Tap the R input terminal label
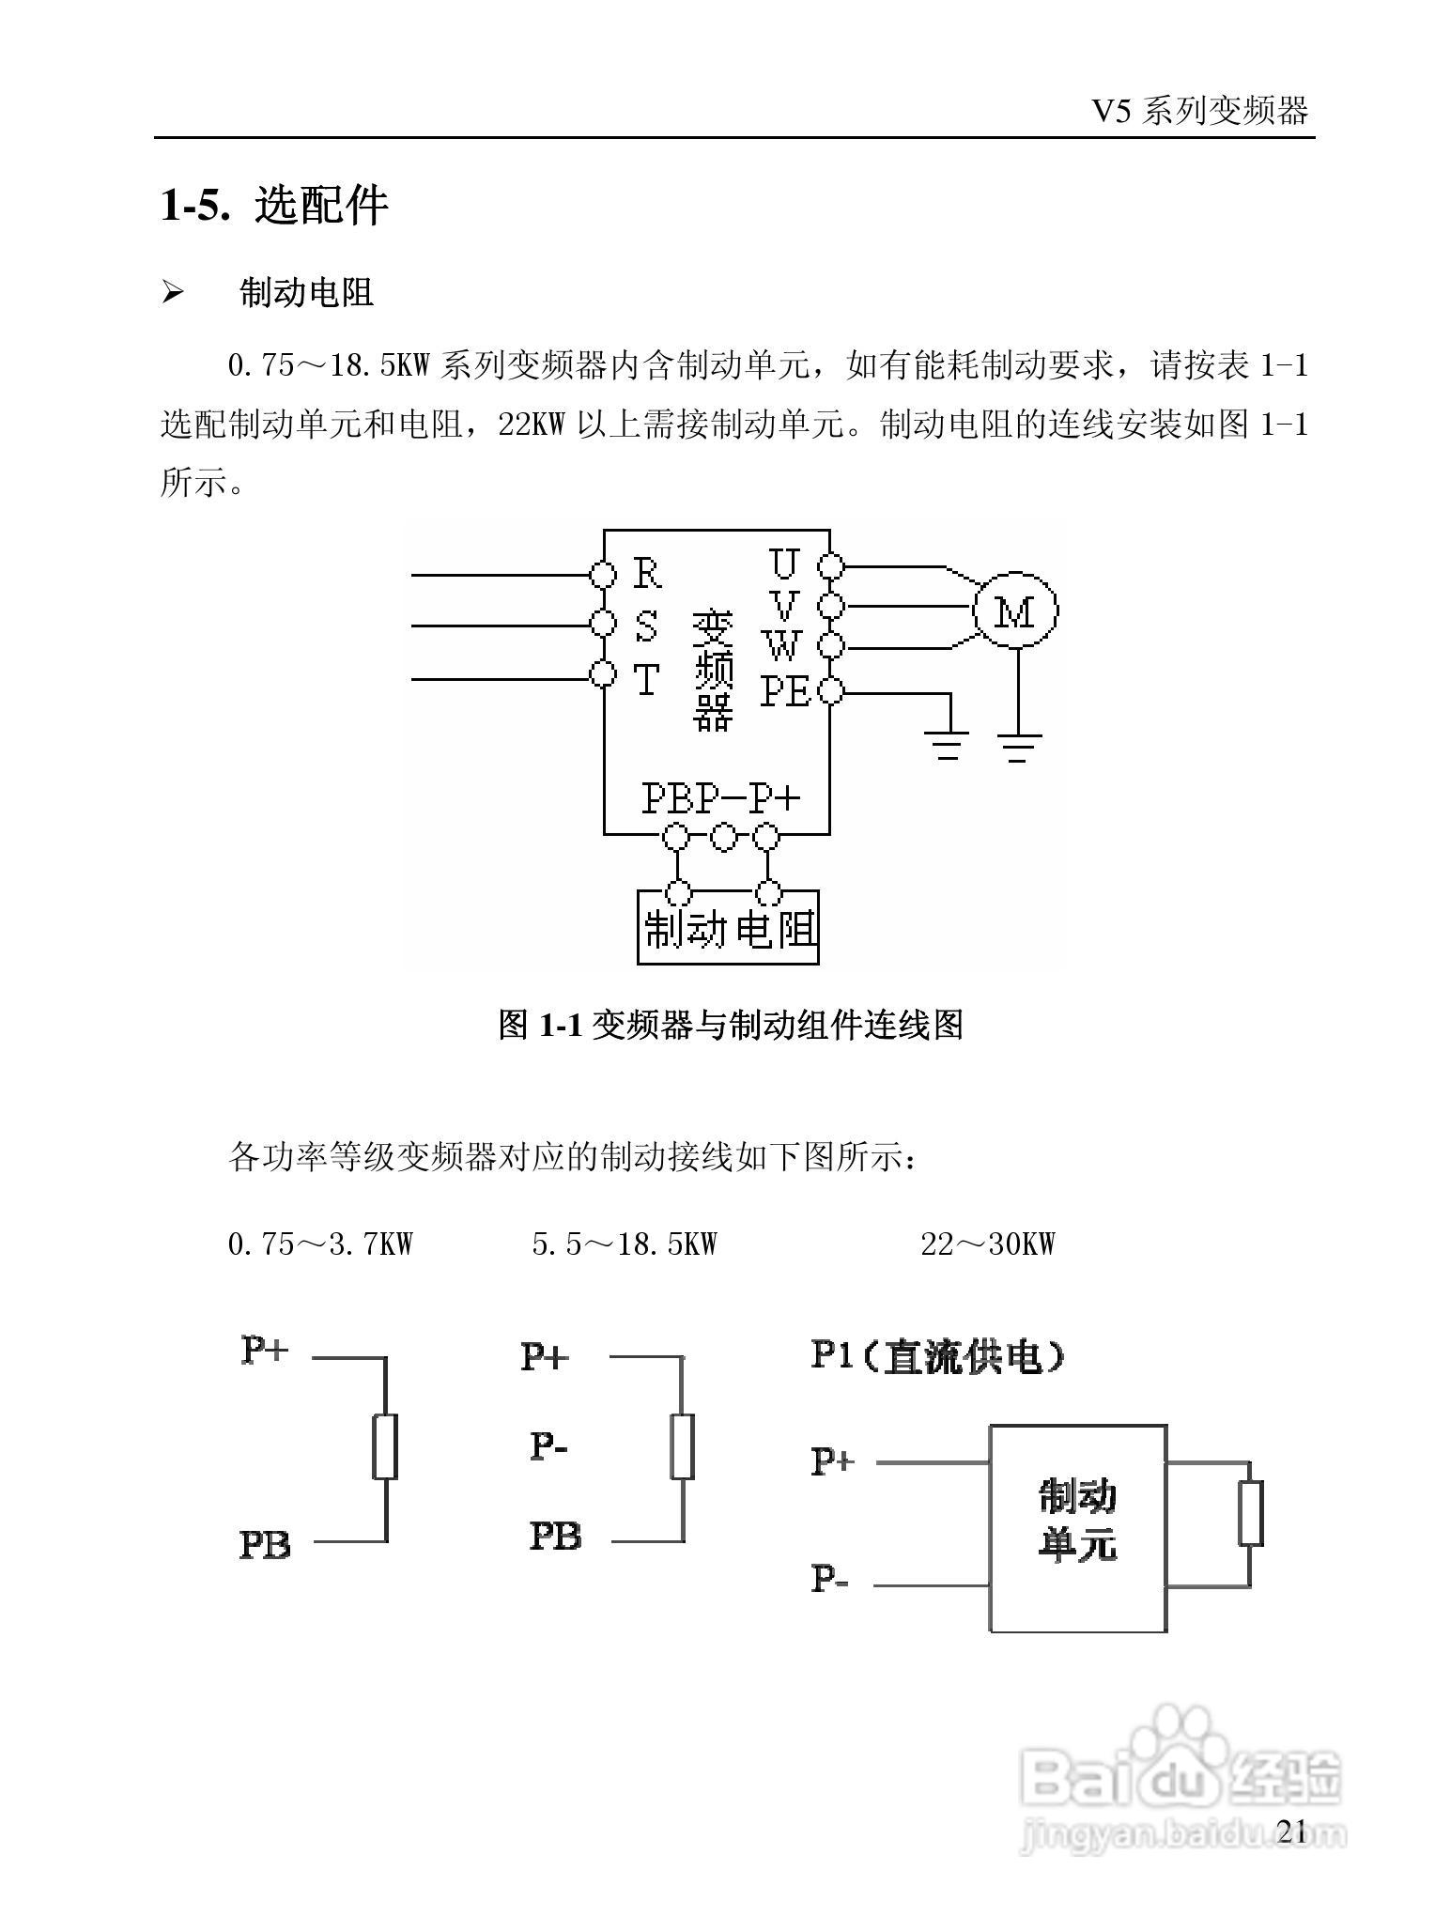point(647,572)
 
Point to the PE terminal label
point(785,692)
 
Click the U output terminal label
point(783,563)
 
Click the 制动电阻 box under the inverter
point(728,928)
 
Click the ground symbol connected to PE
point(948,747)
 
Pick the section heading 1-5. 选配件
point(274,205)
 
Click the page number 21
point(1292,1831)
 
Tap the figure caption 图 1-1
point(731,1024)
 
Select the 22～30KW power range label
point(987,1244)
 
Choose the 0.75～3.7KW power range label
point(320,1244)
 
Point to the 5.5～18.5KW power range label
point(625,1244)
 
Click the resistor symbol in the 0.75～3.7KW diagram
point(385,1445)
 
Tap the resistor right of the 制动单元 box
point(1249,1513)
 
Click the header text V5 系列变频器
point(1199,112)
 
